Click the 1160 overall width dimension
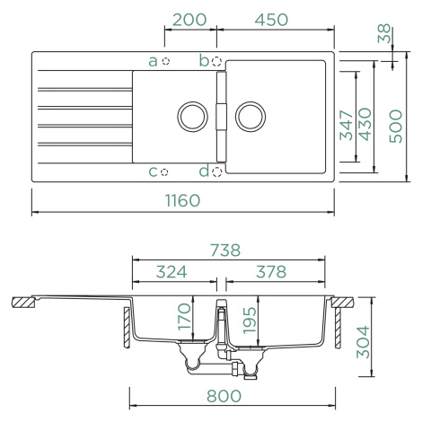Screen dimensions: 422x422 tap(182, 200)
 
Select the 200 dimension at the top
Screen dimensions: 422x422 tap(189, 20)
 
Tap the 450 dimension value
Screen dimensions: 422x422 tap(271, 20)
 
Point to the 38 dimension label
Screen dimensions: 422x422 tap(384, 33)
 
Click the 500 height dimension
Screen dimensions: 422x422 tap(396, 126)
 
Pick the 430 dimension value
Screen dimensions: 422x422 tap(365, 124)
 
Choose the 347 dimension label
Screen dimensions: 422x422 tap(347, 126)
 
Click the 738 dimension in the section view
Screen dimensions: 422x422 tap(225, 251)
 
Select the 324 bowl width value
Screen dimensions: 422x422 tap(171, 272)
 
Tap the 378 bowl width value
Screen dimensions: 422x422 tap(271, 272)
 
